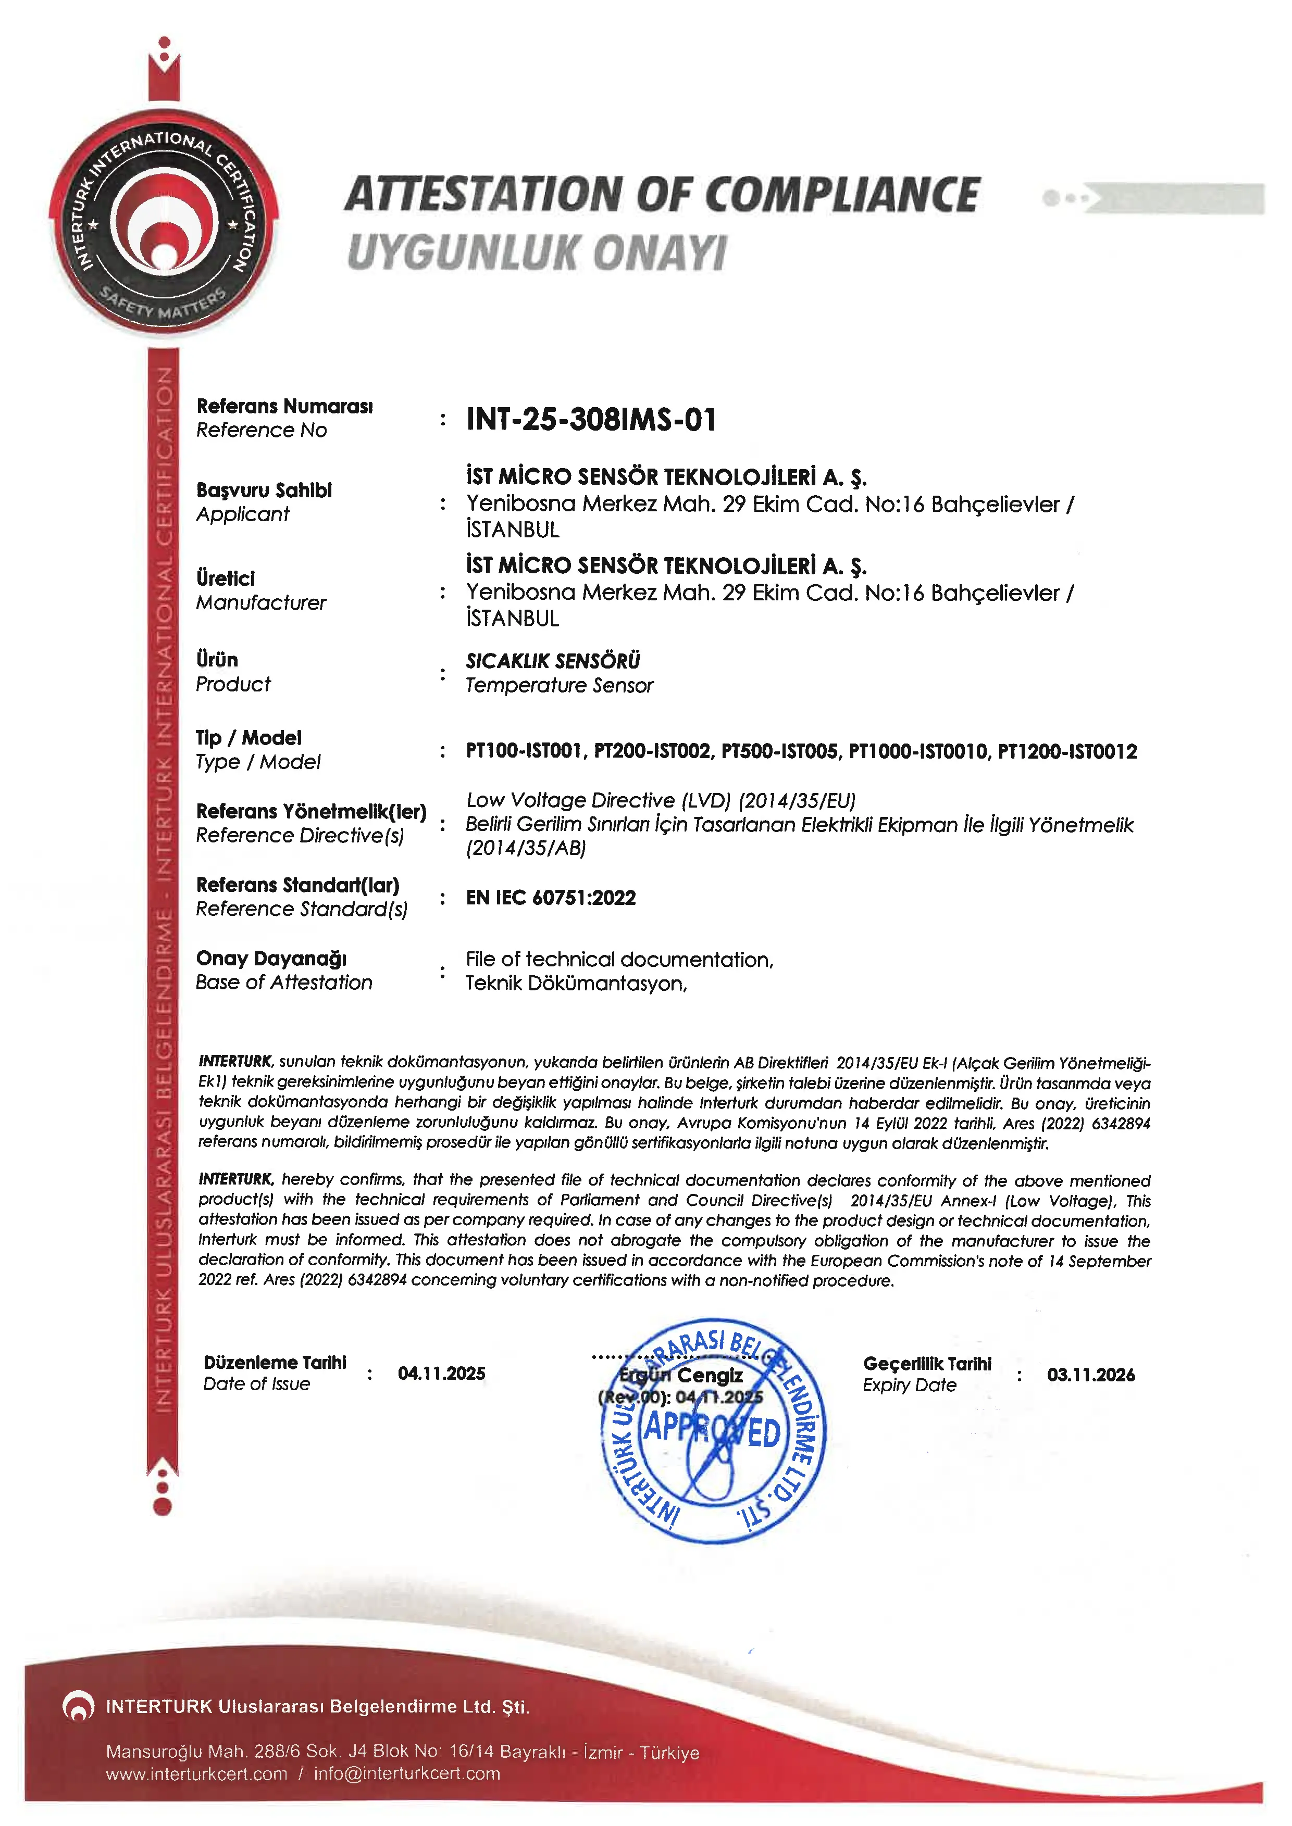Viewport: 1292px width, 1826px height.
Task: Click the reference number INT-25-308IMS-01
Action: click(590, 419)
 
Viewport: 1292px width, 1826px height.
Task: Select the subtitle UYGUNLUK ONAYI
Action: click(537, 254)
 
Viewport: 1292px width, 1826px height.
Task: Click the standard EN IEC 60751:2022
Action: click(551, 898)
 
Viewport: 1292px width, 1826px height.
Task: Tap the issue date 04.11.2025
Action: click(442, 1374)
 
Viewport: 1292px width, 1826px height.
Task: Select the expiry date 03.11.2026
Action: click(1091, 1375)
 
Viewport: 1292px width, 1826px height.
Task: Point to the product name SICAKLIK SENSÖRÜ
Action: click(553, 661)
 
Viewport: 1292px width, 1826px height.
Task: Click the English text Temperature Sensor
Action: click(560, 686)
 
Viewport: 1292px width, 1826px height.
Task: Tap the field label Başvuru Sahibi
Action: click(264, 490)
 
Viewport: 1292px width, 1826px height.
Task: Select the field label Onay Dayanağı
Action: click(271, 959)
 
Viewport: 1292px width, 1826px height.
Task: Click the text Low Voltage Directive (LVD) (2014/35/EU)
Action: click(660, 800)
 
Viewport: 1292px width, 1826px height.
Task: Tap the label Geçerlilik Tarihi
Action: click(927, 1364)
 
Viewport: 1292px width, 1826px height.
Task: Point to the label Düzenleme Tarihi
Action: click(275, 1363)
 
